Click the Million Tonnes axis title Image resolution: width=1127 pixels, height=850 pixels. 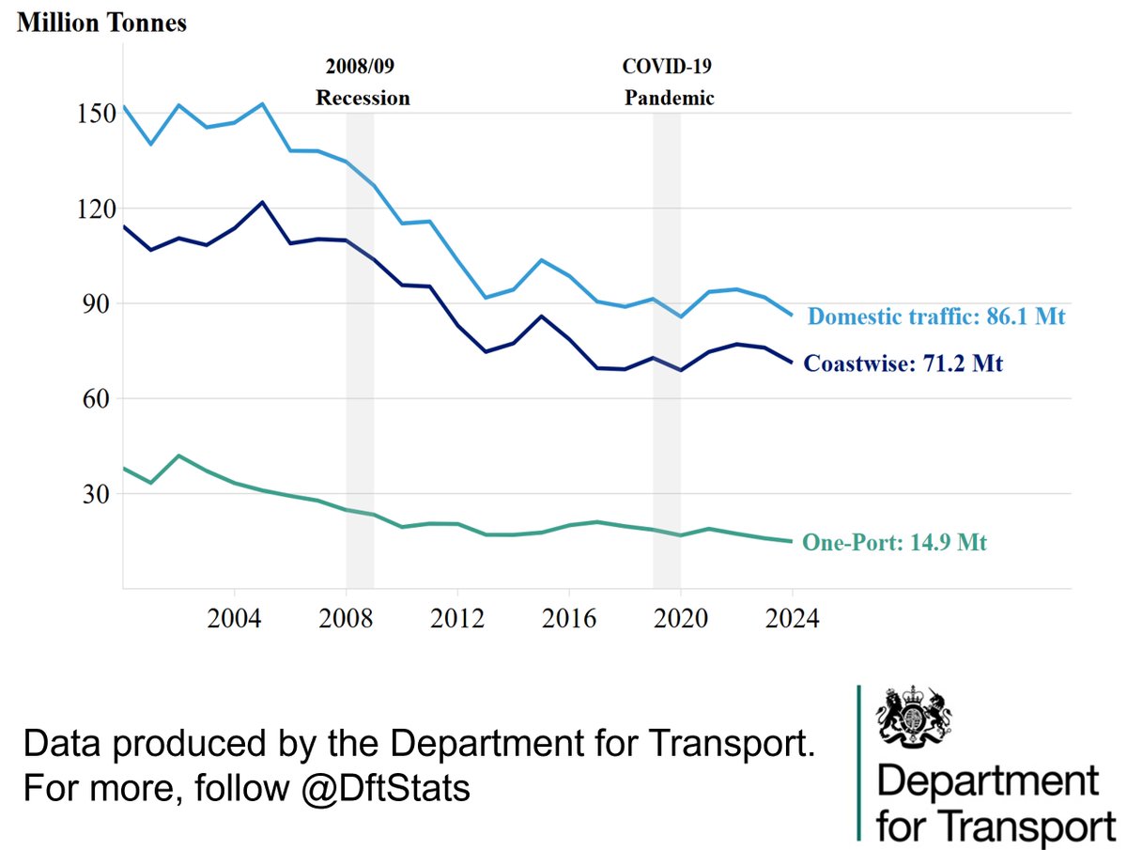(x=101, y=23)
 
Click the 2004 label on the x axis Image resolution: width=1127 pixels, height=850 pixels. (x=234, y=620)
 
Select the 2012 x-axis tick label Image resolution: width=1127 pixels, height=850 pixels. (x=457, y=620)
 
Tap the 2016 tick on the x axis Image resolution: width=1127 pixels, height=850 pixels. (x=569, y=620)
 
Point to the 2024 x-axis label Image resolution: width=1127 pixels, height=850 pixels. (x=793, y=620)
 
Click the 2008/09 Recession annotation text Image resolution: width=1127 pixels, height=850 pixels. (x=363, y=83)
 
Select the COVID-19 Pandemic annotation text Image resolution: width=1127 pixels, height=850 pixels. (x=670, y=83)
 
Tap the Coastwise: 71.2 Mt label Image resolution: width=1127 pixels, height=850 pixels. (x=903, y=363)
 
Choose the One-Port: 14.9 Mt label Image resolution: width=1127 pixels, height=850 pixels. (x=894, y=542)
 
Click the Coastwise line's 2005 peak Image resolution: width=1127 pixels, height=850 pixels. (x=262, y=202)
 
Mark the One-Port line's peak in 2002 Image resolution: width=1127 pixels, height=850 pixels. (x=178, y=456)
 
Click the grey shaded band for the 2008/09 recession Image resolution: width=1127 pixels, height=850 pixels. (x=360, y=376)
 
